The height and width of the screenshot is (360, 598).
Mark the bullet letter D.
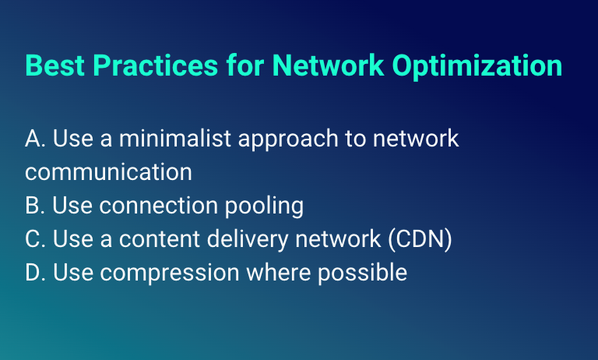click(x=34, y=273)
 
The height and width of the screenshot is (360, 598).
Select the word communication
click(x=108, y=172)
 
